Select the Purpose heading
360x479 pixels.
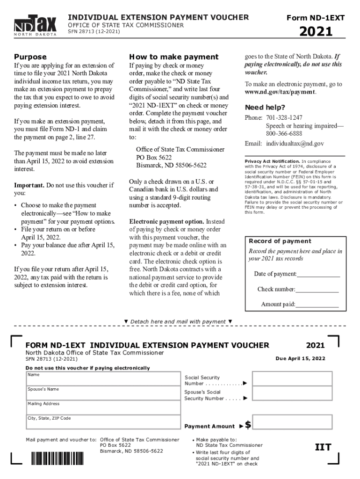click(30, 57)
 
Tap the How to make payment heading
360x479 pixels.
click(174, 57)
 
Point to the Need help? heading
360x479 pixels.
click(266, 107)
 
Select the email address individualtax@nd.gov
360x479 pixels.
click(295, 144)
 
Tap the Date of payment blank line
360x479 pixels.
click(318, 274)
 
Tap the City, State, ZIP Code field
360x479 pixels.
click(103, 422)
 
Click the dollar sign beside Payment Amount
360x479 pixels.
click(248, 425)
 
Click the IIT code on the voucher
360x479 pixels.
click(323, 447)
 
